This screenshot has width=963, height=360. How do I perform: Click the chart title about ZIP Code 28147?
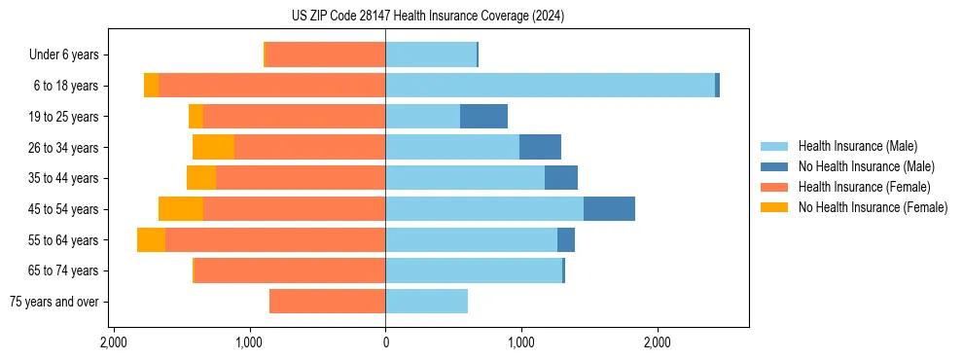point(481,17)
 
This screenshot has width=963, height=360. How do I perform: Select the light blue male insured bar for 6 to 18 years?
point(550,86)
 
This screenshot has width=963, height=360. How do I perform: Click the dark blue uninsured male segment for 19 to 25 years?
point(483,117)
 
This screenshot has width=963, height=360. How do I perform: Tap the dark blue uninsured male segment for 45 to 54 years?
point(609,209)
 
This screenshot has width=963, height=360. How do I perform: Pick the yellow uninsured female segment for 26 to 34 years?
point(213,148)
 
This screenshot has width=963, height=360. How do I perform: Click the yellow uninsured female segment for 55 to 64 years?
point(151,240)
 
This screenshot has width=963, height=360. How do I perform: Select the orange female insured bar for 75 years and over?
point(327,302)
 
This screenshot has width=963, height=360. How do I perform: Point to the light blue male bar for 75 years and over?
point(426,302)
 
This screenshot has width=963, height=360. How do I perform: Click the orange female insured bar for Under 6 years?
point(325,55)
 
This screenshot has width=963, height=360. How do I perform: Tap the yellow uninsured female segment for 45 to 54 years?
point(181,209)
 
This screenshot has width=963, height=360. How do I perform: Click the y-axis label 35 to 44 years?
point(63,178)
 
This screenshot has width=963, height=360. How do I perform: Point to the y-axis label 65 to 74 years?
point(63,270)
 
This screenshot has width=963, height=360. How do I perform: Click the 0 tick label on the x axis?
point(385,342)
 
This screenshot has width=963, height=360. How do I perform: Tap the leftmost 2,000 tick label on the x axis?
point(114,342)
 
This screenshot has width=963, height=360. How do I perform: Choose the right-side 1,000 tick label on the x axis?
point(521,342)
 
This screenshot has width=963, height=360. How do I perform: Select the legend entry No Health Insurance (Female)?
point(873,207)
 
